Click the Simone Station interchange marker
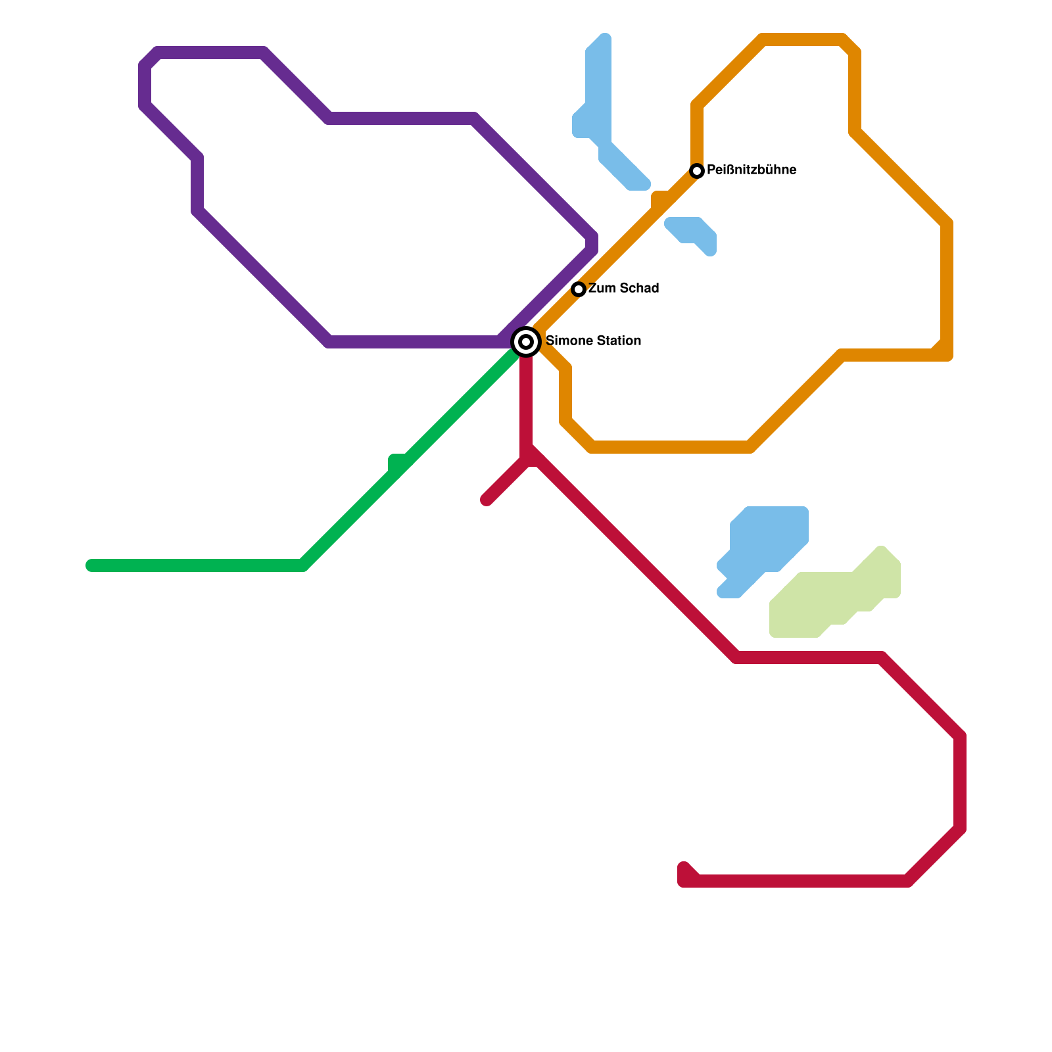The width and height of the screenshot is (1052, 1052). point(526,342)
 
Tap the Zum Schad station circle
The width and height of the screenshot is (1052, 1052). point(579,289)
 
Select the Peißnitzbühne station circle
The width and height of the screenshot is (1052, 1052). point(697,171)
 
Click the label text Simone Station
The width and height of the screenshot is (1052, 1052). point(593,341)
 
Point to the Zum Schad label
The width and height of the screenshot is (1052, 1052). point(623,289)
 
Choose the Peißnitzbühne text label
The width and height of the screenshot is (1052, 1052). point(752,170)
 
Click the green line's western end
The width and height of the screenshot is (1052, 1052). point(91,565)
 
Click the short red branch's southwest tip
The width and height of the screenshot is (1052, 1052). point(487,500)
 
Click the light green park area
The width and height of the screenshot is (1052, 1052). point(828,598)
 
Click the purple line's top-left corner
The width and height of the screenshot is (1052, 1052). point(150,58)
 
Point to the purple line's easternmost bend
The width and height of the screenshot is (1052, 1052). point(592,242)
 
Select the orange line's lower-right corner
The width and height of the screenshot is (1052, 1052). point(945,354)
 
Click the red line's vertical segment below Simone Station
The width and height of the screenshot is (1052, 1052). point(526,401)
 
